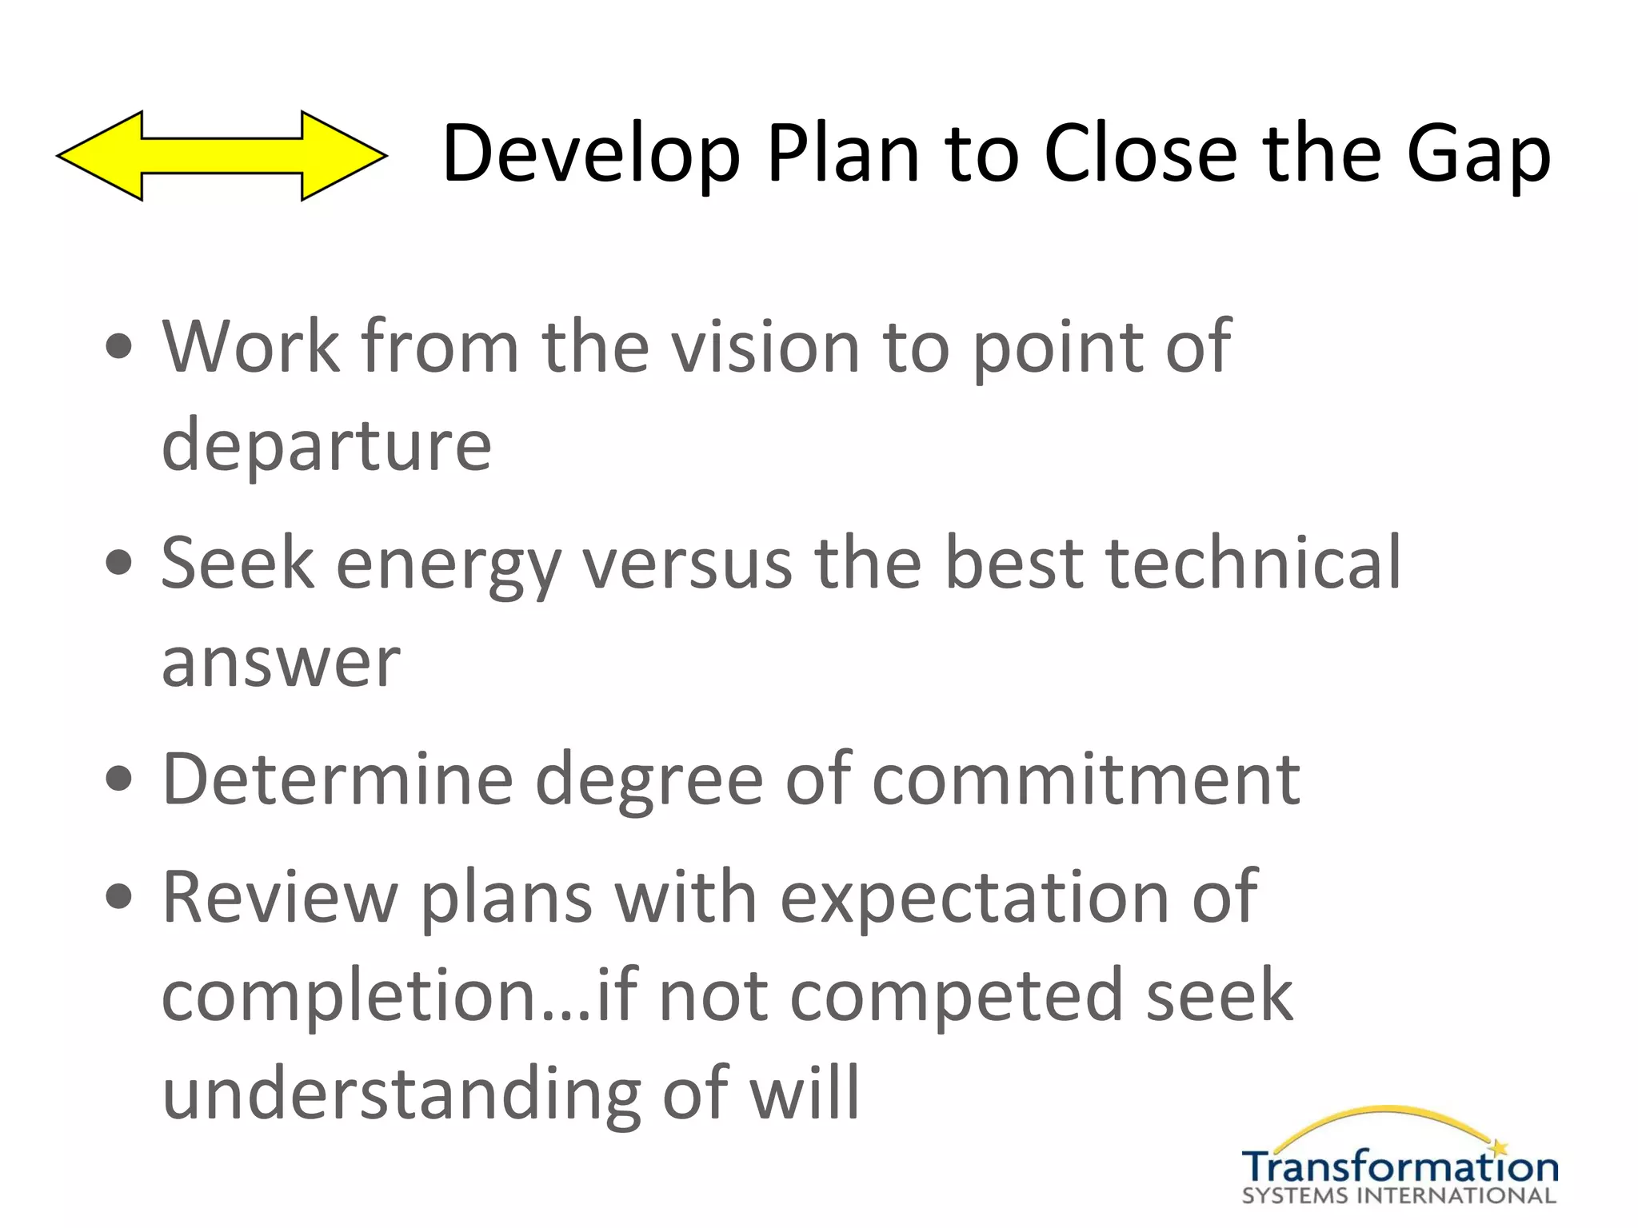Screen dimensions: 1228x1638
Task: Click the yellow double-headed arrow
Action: point(222,156)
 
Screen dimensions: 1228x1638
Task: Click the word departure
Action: point(326,445)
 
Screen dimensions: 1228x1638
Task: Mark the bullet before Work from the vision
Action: point(119,348)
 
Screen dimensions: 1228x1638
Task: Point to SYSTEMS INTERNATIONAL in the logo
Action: point(1399,1197)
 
